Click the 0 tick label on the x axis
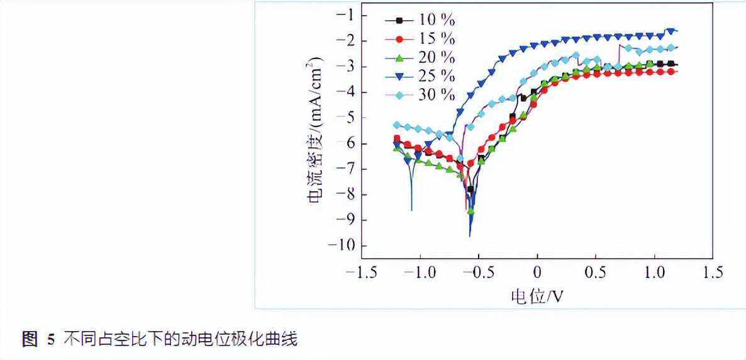[537, 273]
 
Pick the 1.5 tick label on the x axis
[711, 273]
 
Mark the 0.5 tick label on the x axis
[595, 273]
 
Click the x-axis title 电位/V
[537, 296]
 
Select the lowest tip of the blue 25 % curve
[470, 236]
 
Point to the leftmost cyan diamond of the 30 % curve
[397, 125]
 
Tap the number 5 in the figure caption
[52, 340]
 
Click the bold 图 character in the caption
[30, 340]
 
